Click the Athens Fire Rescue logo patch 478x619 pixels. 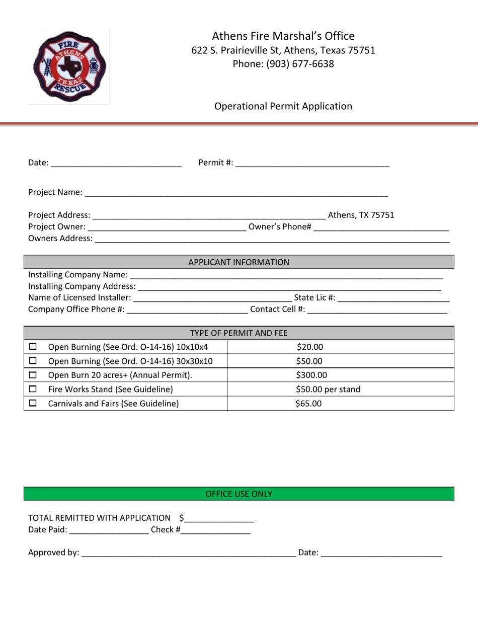point(69,65)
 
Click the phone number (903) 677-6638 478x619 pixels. point(283,64)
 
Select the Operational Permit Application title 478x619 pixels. point(283,106)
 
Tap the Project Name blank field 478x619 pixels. point(236,193)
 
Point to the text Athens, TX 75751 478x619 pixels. point(361,215)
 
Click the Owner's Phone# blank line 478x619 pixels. point(380,227)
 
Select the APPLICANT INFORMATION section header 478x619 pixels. point(239,262)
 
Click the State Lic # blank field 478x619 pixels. point(393,298)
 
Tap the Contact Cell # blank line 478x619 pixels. point(377,310)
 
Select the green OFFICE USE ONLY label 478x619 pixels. point(239,494)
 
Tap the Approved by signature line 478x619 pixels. point(189,554)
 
